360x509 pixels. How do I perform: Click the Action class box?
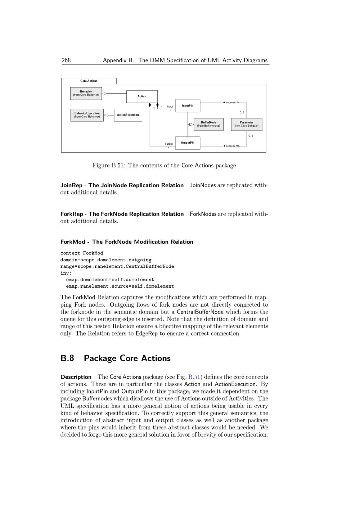tap(142, 96)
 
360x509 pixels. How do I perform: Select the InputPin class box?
tap(188, 106)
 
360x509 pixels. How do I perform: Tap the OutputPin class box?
tap(188, 143)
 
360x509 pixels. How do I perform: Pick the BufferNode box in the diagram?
tap(208, 124)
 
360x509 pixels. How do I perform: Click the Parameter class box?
tap(247, 124)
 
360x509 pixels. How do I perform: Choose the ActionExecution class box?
tap(128, 115)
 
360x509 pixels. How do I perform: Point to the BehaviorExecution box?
tap(87, 115)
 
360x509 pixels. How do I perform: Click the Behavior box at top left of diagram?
tap(86, 94)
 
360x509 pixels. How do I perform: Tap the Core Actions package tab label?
tap(89, 81)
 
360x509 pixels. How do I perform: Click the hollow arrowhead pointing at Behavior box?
tap(104, 94)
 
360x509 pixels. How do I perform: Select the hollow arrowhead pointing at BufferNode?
tap(192, 125)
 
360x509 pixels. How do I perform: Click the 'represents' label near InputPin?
tap(233, 103)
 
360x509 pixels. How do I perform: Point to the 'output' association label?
tap(169, 144)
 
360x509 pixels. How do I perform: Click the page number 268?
tap(66, 60)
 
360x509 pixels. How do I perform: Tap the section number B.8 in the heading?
tap(67, 358)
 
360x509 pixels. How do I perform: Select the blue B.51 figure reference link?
tap(194, 377)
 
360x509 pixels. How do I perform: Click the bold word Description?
tap(76, 377)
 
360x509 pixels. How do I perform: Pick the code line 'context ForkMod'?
tap(82, 253)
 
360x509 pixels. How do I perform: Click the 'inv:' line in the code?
tap(66, 273)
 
